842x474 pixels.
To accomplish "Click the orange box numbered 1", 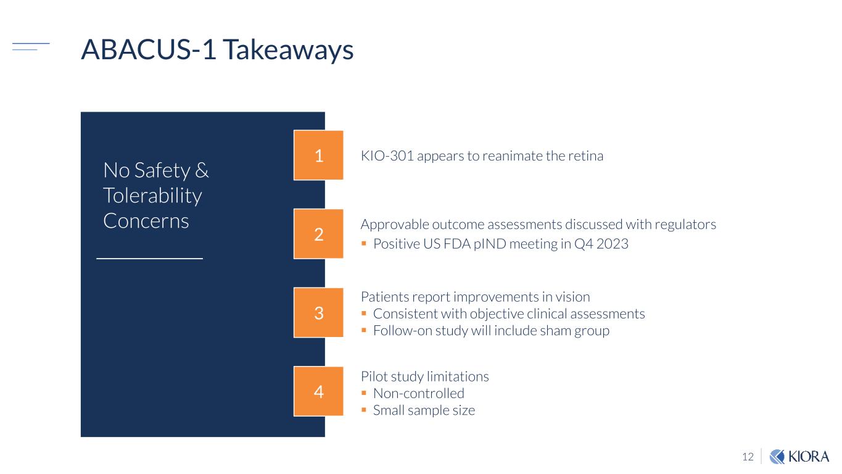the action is (318, 155).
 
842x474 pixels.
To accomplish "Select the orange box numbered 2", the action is (318, 234).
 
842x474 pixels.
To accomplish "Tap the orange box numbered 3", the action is (318, 312).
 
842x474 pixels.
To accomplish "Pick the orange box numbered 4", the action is (318, 391).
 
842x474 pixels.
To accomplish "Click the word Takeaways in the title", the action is (288, 51).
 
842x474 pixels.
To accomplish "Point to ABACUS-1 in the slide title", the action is (149, 49).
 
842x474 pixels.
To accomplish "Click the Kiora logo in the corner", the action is (799, 457).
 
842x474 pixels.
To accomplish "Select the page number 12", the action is (748, 457).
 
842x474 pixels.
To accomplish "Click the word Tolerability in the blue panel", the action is (152, 196).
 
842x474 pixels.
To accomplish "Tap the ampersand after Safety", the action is (202, 170).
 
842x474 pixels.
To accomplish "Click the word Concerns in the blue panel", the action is (146, 221).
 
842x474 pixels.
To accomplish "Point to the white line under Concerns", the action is (150, 259).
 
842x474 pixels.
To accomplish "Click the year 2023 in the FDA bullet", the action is (613, 244).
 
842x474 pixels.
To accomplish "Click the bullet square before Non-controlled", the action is (363, 393).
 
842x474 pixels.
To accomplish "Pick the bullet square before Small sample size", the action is (363, 410).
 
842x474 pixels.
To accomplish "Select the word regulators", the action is (685, 225).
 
